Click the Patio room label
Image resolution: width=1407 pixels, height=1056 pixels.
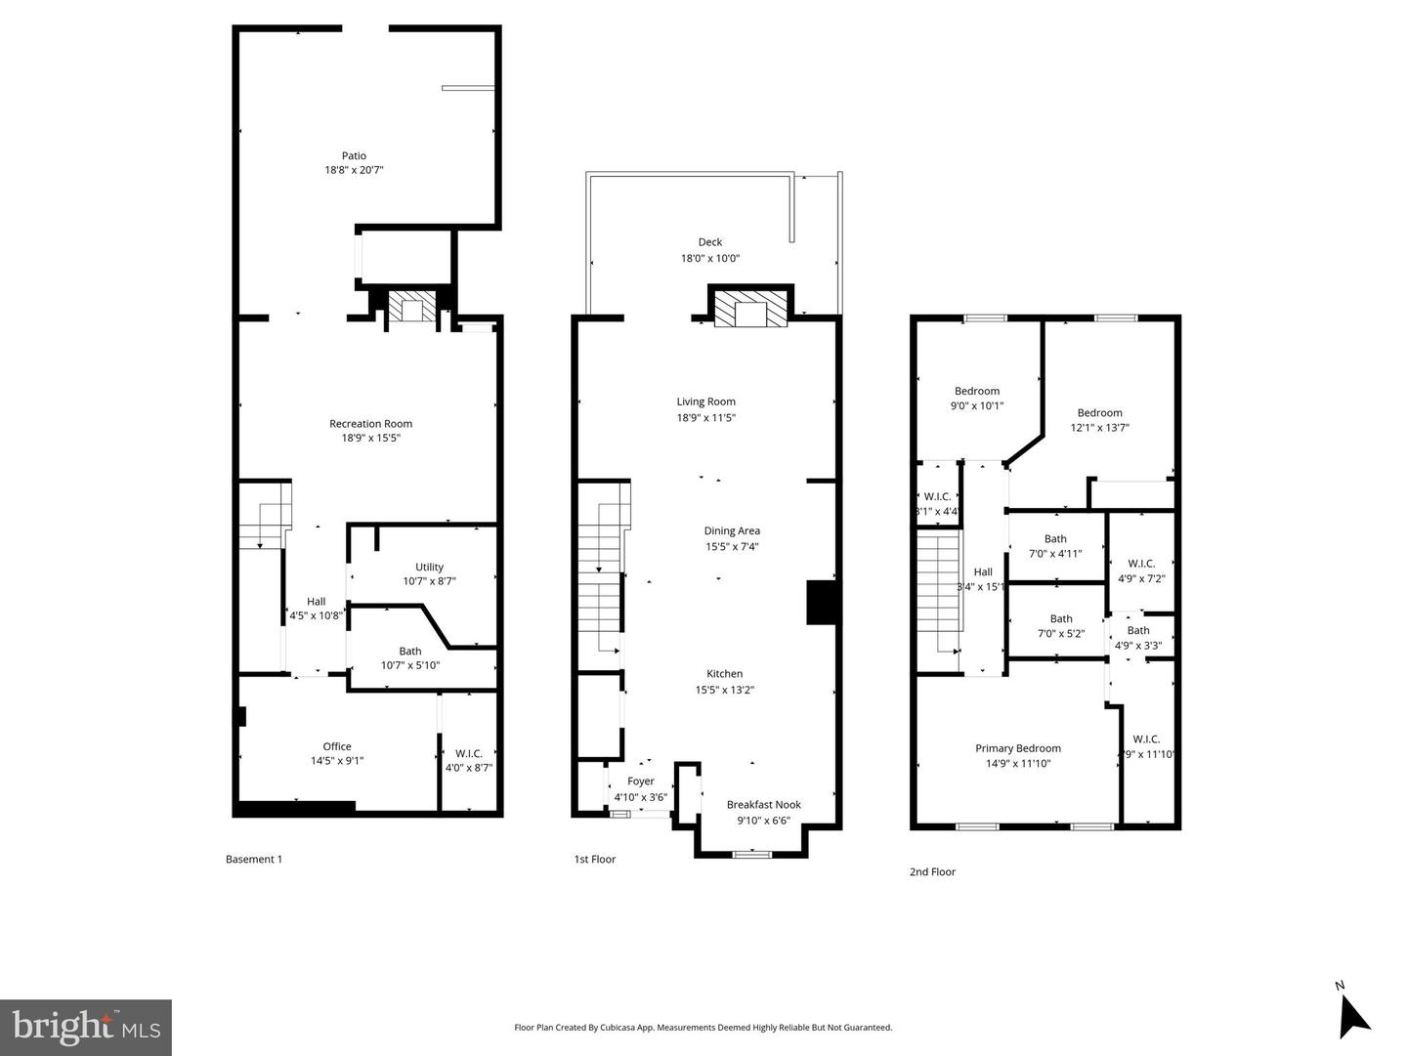(x=354, y=155)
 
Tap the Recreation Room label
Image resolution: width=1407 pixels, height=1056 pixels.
(x=370, y=423)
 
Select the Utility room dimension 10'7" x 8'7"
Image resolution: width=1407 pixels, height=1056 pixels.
(x=429, y=581)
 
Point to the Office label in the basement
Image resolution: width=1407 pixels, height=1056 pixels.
(x=337, y=746)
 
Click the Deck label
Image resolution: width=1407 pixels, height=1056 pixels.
(x=710, y=242)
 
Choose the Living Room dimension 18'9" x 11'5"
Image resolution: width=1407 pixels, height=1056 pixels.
(x=706, y=418)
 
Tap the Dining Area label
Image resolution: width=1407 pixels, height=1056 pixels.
(x=732, y=530)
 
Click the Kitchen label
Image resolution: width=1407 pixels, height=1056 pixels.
(x=725, y=673)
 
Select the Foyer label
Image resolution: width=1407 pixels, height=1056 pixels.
(x=641, y=781)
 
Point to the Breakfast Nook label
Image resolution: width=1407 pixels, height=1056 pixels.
(x=763, y=805)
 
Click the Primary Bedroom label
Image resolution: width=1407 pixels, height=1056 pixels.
(x=1018, y=748)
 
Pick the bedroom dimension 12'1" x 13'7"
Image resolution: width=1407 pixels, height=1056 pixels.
(x=1099, y=428)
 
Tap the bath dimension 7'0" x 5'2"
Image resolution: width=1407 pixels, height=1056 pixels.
(x=1060, y=634)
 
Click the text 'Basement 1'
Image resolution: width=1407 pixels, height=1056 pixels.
(x=254, y=860)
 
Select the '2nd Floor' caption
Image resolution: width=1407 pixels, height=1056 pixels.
(x=932, y=871)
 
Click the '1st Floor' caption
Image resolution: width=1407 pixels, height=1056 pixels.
(x=595, y=860)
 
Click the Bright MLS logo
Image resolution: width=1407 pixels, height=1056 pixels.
(x=86, y=1027)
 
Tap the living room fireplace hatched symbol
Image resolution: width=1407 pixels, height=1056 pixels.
(x=750, y=310)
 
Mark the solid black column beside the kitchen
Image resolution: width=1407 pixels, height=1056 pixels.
(x=822, y=603)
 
